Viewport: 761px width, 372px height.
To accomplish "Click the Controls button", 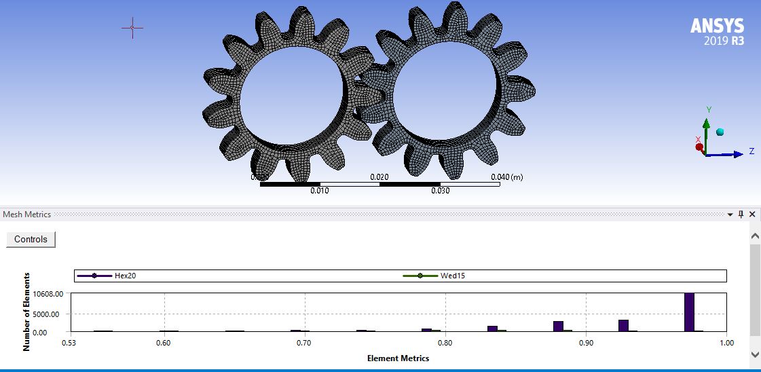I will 31,240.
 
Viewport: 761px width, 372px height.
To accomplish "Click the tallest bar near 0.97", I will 689,312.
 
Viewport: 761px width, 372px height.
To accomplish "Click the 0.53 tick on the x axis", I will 70,343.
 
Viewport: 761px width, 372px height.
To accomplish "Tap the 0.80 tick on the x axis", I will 445,343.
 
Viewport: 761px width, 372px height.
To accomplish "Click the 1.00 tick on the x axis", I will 726,343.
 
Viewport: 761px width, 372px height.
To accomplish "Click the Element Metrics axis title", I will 398,358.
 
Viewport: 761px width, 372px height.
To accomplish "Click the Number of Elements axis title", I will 27,312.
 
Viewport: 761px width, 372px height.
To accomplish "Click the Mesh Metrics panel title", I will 27,215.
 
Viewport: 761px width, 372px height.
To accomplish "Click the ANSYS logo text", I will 717,26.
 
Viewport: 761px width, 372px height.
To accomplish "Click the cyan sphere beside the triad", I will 720,132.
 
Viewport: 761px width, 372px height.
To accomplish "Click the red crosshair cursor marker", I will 132,28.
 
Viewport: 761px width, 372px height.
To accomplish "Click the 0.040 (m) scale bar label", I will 506,177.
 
